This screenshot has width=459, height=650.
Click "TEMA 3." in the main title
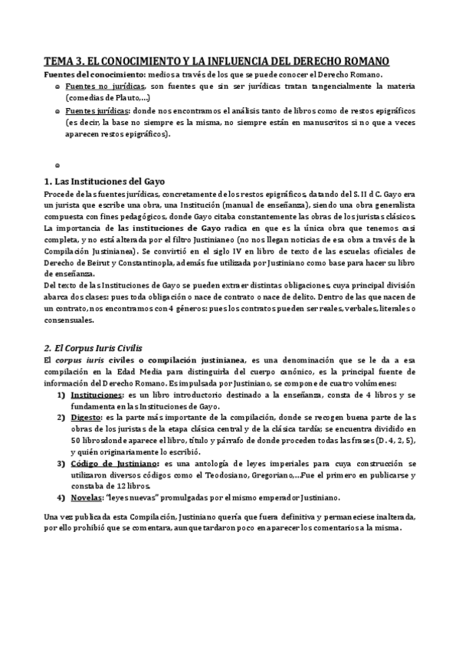[65, 61]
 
